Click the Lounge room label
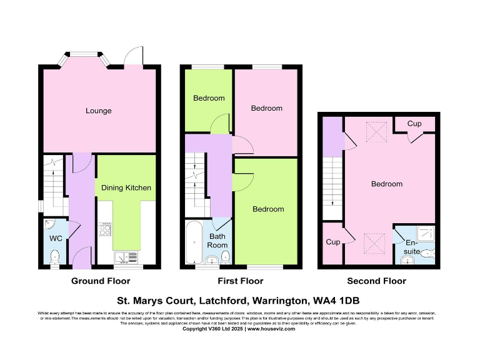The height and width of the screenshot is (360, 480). coord(99,111)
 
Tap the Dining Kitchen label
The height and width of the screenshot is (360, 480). coord(126,187)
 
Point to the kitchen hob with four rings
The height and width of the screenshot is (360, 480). coord(104,229)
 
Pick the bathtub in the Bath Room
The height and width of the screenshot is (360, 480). coord(193,242)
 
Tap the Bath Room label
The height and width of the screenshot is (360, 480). coord(217,241)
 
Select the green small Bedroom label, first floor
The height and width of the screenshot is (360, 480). coord(208,98)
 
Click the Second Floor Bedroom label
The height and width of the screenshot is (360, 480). coord(387,184)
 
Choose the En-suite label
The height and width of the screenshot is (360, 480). coord(412,247)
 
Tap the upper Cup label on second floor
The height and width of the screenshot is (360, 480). coord(414,124)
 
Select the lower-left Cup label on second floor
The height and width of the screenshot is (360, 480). coord(332,242)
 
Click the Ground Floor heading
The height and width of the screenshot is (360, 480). coord(96,281)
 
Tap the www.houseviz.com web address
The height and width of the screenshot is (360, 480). coord(271,328)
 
